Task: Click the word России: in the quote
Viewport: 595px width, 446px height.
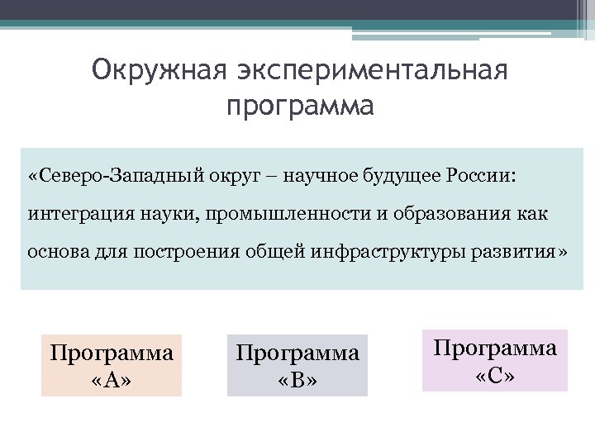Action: tap(481, 177)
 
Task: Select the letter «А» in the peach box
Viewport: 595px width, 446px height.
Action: tap(112, 380)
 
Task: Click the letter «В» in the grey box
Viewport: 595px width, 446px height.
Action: tap(297, 380)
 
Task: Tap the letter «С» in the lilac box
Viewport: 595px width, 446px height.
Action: tap(496, 375)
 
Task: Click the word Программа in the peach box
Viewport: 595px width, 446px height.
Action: tap(112, 353)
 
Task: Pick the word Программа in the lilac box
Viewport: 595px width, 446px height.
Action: tap(496, 348)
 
